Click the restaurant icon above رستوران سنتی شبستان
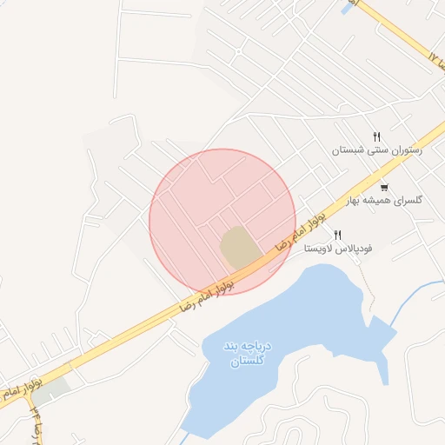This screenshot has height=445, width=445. pyautogui.click(x=376, y=136)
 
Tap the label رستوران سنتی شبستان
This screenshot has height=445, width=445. pyautogui.click(x=376, y=150)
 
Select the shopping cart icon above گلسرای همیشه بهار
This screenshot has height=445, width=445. pyautogui.click(x=384, y=188)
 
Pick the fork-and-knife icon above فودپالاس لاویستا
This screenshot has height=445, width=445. pyautogui.click(x=337, y=235)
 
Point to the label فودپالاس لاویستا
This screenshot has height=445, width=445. pyautogui.click(x=338, y=249)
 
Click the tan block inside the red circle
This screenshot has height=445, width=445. pyautogui.click(x=240, y=247)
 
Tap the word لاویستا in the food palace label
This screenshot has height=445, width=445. pyautogui.click(x=320, y=249)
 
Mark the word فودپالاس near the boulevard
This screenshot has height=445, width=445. pyautogui.click(x=355, y=249)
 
